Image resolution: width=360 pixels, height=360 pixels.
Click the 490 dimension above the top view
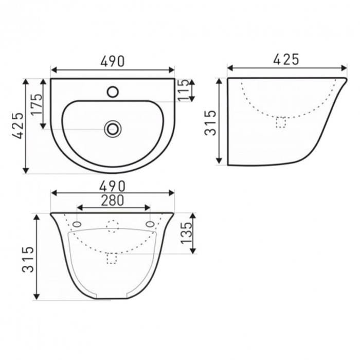coord(113,61)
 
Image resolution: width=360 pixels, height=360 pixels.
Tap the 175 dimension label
coord(37,104)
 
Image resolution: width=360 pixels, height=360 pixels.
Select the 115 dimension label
coord(184,90)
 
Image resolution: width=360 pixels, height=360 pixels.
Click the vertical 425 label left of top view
coord(17,125)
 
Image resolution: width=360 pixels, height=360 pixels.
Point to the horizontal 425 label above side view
coord(286,60)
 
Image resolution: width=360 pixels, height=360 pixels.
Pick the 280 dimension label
coord(113,201)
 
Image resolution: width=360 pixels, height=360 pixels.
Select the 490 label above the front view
coord(113,186)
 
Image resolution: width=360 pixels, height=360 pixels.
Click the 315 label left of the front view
coord(28,259)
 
